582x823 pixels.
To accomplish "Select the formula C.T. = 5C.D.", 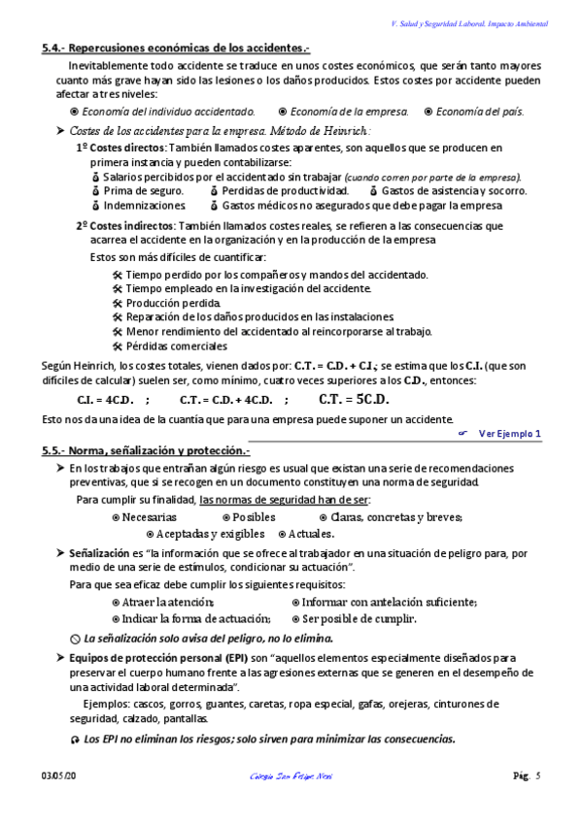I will (x=354, y=398).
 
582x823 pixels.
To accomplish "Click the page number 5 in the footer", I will (x=537, y=774).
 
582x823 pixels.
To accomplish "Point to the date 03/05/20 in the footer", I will (x=59, y=774).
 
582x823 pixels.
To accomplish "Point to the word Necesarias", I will (x=150, y=517).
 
